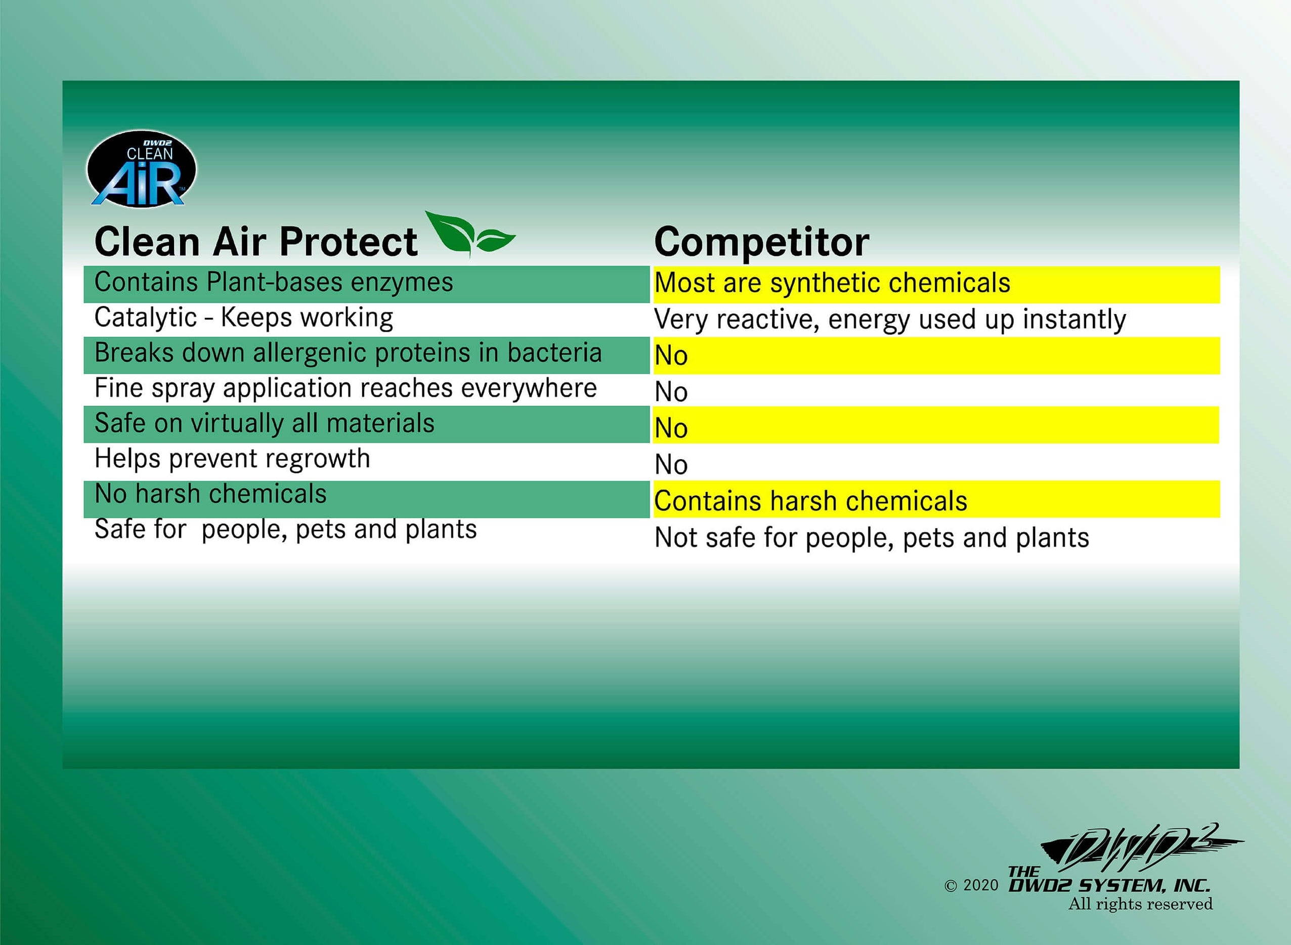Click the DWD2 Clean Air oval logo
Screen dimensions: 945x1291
141,169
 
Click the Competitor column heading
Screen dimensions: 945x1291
761,242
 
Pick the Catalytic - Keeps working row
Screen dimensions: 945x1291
244,318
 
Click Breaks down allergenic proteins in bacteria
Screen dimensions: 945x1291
348,353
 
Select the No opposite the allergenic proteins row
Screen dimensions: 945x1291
671,356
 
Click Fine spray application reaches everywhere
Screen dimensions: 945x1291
346,388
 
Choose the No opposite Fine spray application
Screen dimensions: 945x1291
671,392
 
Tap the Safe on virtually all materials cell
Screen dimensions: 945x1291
265,424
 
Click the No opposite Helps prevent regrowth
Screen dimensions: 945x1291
671,465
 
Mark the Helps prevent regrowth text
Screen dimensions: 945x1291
232,459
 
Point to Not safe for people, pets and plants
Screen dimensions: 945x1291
871,537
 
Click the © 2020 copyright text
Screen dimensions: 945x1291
971,885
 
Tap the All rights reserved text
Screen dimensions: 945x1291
1140,905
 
